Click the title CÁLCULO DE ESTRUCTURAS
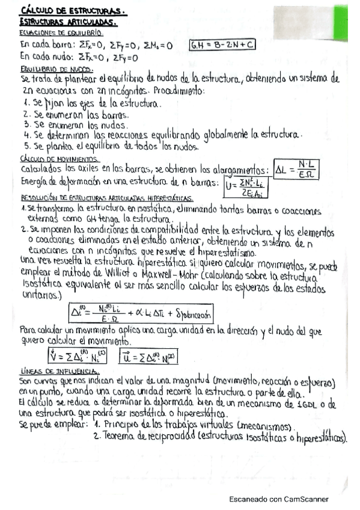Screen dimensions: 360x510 tap(73, 10)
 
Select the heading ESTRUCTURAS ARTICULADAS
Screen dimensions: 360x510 tap(68, 22)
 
